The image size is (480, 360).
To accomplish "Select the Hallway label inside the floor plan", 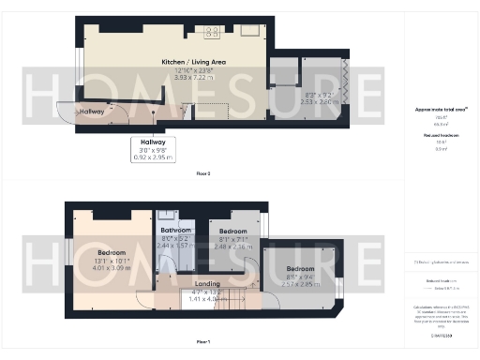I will (x=92, y=112).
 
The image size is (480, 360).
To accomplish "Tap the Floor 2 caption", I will (x=202, y=174).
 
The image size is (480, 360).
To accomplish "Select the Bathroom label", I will (x=176, y=230).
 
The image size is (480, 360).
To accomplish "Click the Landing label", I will (x=206, y=283).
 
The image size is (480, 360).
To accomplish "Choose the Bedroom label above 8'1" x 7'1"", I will (x=233, y=231).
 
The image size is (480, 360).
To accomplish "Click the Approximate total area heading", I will (x=441, y=110).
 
